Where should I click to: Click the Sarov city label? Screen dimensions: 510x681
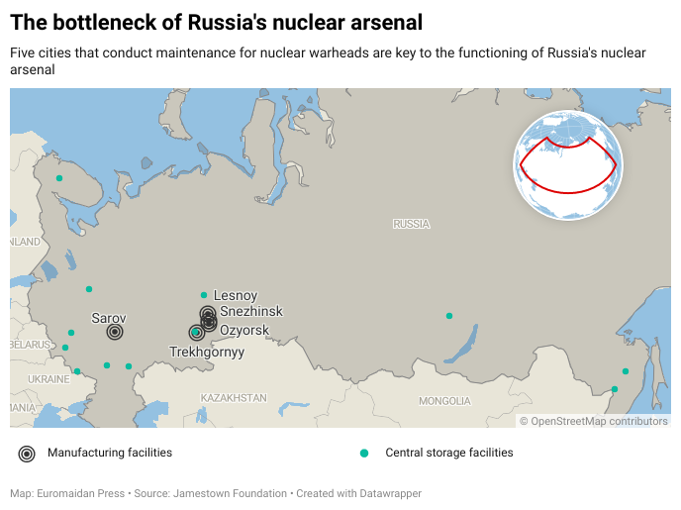coord(108,318)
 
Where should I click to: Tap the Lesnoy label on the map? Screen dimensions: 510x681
coord(236,295)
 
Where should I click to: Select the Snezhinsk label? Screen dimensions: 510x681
coord(250,311)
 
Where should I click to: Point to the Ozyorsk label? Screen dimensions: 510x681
coord(243,329)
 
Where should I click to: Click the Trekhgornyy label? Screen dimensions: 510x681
coord(207,352)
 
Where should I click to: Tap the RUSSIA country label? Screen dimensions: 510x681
coord(411,224)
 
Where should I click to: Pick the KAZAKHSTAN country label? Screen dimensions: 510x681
coord(234,397)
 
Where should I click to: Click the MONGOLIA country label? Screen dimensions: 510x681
coord(444,401)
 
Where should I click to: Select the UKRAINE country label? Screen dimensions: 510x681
coord(49,379)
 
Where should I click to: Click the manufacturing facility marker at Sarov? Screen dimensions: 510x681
coord(115,332)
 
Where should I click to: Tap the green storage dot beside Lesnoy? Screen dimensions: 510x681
coord(204,295)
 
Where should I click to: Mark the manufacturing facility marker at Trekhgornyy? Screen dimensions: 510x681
coord(196,333)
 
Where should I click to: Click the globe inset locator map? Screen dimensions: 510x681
coord(567,164)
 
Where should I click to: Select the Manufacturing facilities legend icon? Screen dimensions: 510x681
coord(27,454)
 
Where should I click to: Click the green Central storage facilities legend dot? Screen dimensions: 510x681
coord(364,454)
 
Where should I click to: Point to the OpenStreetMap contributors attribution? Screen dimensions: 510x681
coord(594,421)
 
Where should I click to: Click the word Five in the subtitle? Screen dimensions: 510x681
coord(24,52)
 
